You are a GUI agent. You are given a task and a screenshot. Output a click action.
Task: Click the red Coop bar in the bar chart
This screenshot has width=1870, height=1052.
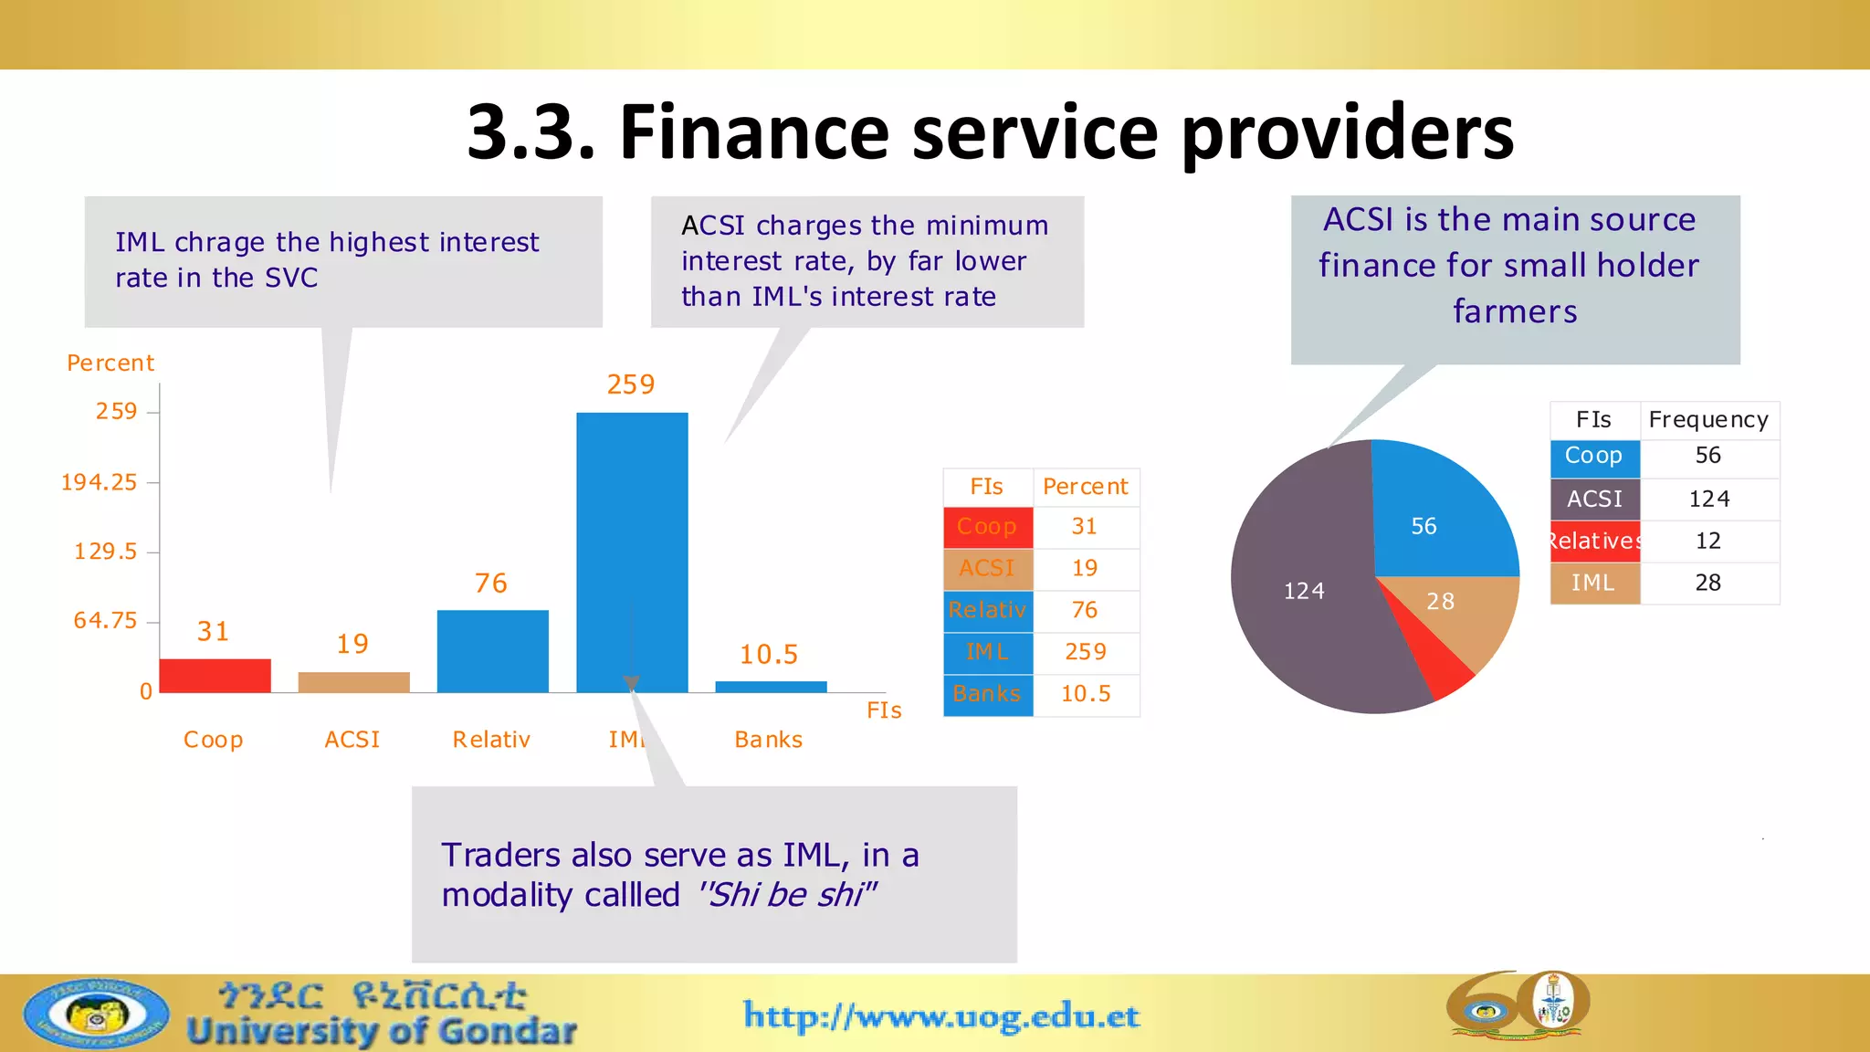(x=215, y=675)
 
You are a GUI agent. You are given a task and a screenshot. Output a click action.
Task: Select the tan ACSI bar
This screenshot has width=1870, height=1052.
(x=353, y=682)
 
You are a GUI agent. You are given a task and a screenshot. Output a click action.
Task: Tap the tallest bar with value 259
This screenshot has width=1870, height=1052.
(x=632, y=548)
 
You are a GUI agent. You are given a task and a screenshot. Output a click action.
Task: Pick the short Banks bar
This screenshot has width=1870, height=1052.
(x=771, y=687)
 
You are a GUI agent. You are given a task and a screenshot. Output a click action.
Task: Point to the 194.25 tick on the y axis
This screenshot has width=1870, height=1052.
(x=100, y=482)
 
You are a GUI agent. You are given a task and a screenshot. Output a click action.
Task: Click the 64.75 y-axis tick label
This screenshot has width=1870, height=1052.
(x=105, y=621)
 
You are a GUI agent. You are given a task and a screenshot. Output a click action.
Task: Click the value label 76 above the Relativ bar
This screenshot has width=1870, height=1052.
(x=491, y=584)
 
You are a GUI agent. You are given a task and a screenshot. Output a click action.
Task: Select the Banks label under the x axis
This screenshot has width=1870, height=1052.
(x=769, y=740)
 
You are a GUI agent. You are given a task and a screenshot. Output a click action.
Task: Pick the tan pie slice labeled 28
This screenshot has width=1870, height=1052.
(x=1456, y=612)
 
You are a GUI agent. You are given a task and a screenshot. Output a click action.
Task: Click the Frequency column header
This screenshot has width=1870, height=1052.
(x=1708, y=420)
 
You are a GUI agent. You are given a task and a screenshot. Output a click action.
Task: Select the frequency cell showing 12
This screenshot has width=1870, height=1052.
(x=1708, y=541)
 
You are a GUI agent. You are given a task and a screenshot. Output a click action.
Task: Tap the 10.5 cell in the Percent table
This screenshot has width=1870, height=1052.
(x=1086, y=694)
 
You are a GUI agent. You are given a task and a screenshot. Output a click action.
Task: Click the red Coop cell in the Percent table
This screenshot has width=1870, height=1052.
(x=987, y=527)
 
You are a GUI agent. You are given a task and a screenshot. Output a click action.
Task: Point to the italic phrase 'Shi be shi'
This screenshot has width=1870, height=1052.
(x=787, y=895)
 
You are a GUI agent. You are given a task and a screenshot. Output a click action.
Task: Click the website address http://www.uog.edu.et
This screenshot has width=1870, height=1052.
(x=941, y=1015)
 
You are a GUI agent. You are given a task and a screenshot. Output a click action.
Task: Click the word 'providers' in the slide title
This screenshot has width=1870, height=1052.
(x=1347, y=132)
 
